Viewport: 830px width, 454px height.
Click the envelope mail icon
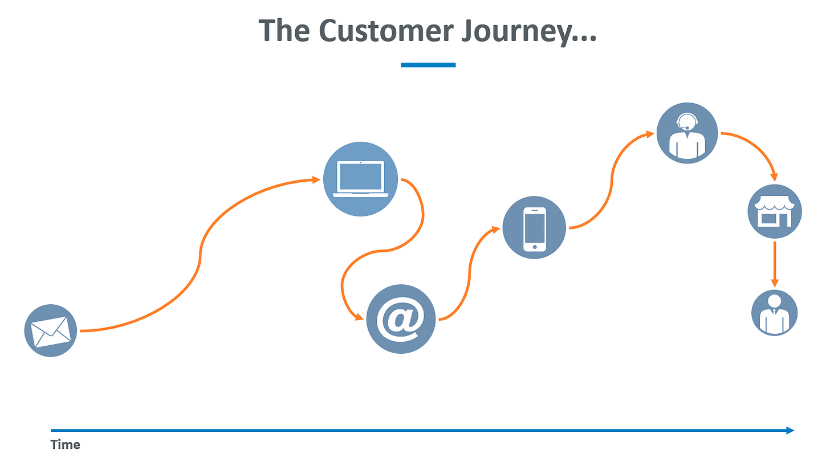tap(50, 331)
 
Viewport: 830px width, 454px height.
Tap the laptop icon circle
tap(360, 179)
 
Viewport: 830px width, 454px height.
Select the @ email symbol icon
tap(401, 319)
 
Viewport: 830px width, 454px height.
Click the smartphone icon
tap(534, 227)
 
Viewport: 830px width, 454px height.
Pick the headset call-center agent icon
tap(687, 133)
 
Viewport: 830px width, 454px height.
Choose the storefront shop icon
tap(774, 211)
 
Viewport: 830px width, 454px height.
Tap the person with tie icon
tap(774, 313)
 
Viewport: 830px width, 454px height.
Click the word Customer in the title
tap(386, 31)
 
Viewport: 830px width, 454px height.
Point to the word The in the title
tap(284, 30)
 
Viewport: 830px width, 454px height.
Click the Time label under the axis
tap(65, 444)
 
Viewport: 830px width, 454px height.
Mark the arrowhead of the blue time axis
tap(790, 430)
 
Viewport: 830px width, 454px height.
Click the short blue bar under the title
tap(428, 65)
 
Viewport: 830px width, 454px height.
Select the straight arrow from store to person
tap(774, 264)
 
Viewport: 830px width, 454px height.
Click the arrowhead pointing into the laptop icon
tap(316, 180)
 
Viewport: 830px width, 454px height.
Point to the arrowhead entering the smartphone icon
tap(496, 230)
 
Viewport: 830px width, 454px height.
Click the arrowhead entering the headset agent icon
tap(650, 134)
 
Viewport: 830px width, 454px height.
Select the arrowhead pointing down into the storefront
tap(774, 177)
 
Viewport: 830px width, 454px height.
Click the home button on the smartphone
tap(534, 247)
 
